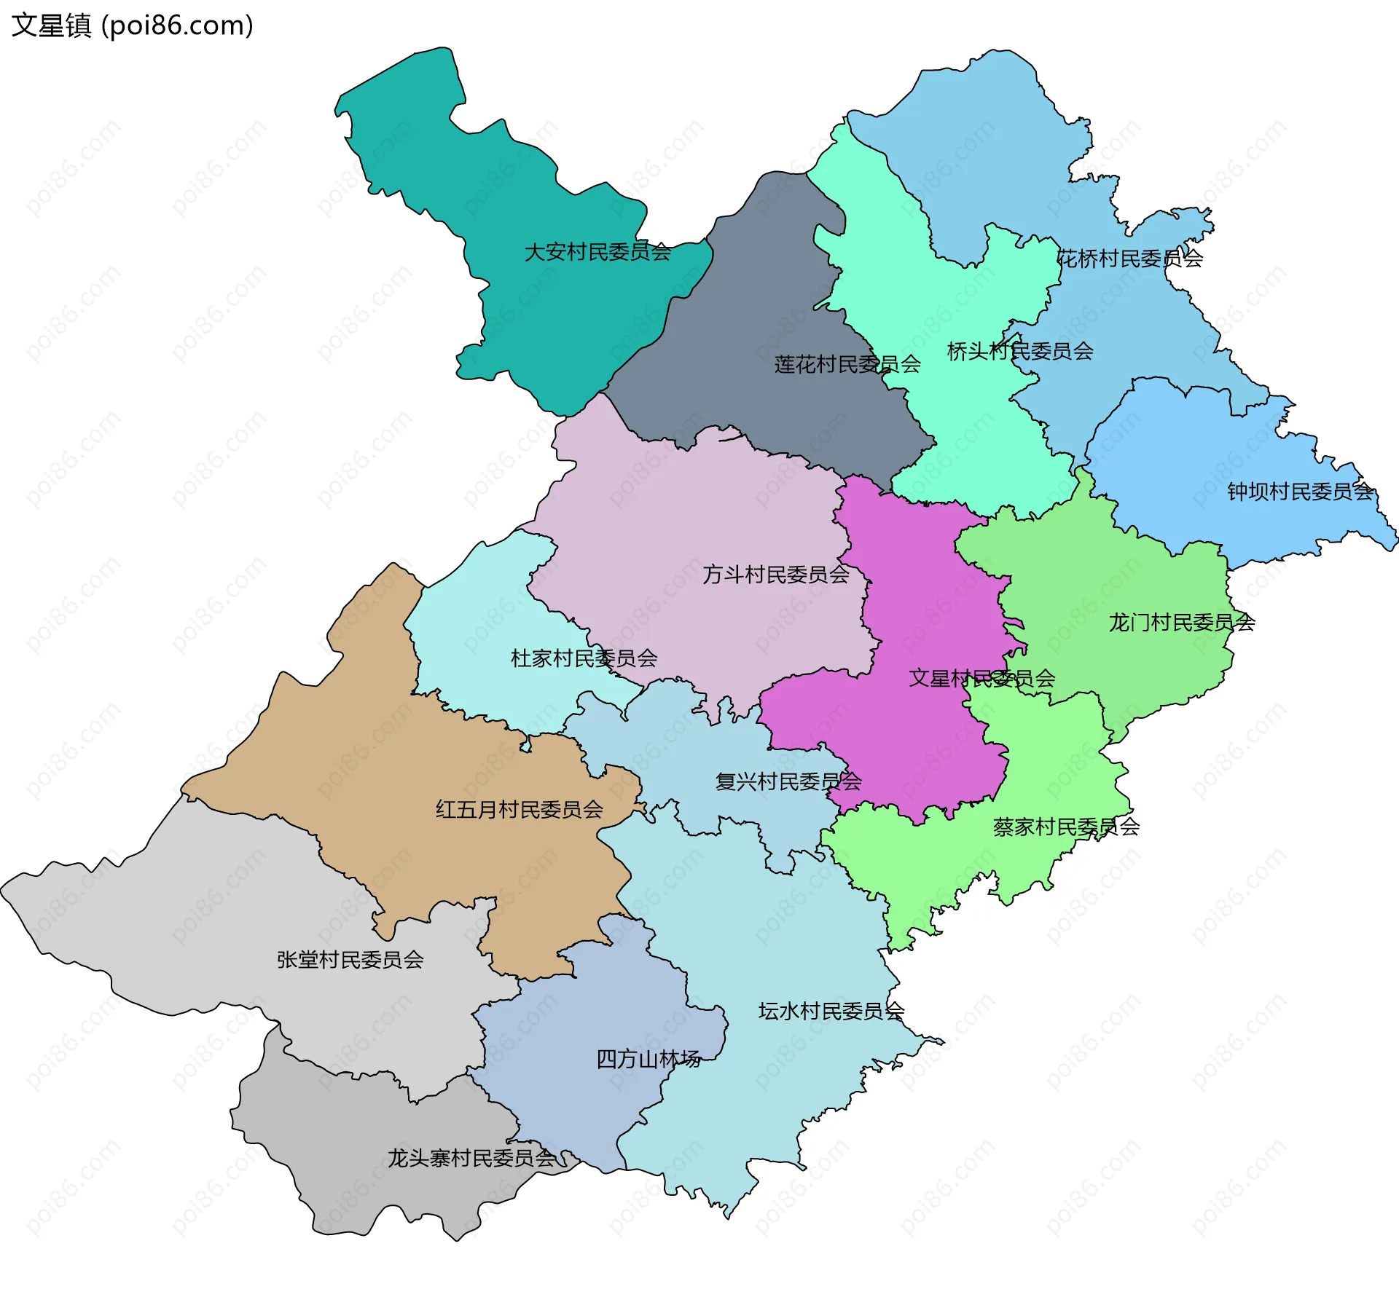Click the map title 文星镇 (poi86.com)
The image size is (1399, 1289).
click(132, 25)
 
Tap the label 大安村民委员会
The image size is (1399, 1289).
click(597, 252)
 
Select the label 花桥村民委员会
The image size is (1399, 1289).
click(1129, 259)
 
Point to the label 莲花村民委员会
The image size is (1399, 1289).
click(847, 364)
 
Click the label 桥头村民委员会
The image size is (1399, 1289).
click(1020, 352)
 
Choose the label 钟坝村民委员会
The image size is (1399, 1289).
click(1301, 492)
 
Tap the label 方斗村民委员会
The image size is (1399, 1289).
click(776, 575)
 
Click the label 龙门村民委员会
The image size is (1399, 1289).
click(1181, 623)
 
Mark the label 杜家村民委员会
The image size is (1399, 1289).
click(584, 658)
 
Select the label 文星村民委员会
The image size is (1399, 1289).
click(981, 679)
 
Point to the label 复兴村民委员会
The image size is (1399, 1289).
click(788, 782)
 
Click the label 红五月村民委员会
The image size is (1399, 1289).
click(519, 809)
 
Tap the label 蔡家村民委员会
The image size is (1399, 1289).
click(1066, 827)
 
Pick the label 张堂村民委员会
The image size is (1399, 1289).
click(350, 960)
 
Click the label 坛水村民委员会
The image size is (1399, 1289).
click(831, 1011)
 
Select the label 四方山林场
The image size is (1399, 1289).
click(648, 1059)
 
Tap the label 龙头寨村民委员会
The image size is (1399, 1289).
click(471, 1158)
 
